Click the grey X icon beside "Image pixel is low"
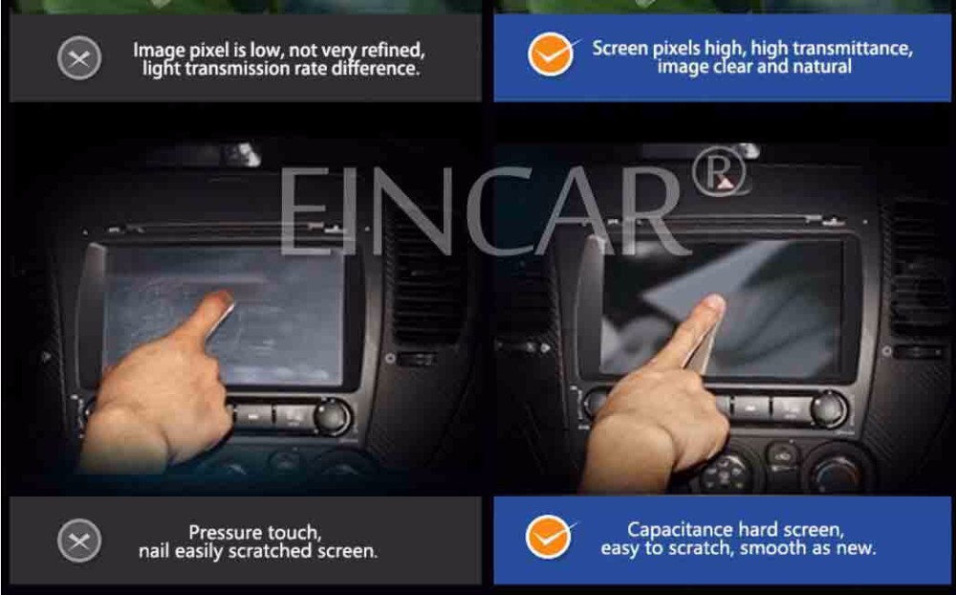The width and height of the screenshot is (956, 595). (x=79, y=58)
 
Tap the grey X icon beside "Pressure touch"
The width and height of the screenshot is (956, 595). (x=79, y=540)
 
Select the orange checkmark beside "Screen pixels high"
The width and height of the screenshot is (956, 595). (x=552, y=54)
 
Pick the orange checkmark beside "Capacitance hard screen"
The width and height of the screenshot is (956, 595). (x=550, y=537)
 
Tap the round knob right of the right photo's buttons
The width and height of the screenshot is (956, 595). (x=829, y=409)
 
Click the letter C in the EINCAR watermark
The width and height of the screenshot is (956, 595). (x=505, y=210)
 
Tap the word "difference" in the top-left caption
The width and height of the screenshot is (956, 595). (x=375, y=68)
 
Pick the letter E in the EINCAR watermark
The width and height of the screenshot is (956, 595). (x=305, y=210)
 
